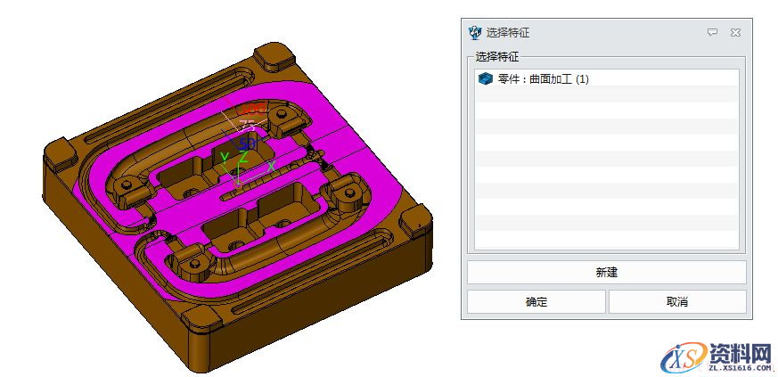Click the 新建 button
(606, 272)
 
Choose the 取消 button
(676, 302)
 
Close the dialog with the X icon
(735, 33)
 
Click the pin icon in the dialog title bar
(712, 33)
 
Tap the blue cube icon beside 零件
(485, 79)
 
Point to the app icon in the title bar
(475, 33)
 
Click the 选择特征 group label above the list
(502, 56)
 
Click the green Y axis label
(225, 158)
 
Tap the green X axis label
(271, 166)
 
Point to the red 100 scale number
(253, 109)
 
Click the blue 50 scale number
(247, 143)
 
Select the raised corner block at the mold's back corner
(274, 55)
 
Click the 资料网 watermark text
(739, 353)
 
